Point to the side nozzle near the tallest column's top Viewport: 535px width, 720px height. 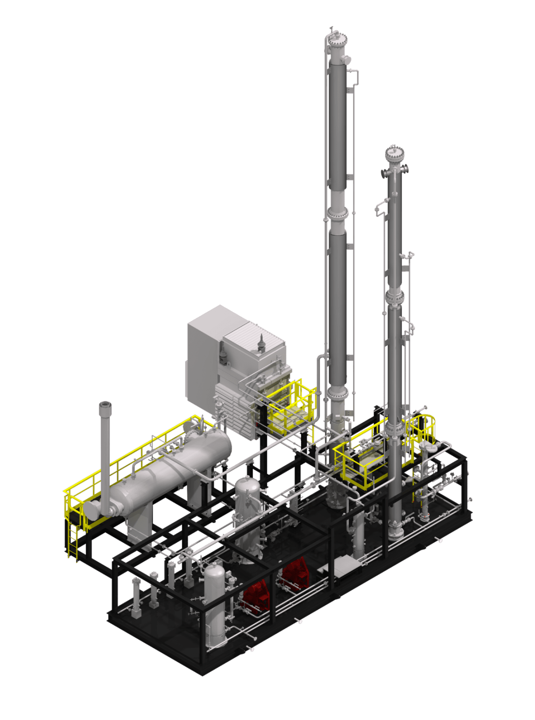point(346,59)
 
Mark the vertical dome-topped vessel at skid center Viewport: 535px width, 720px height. point(248,517)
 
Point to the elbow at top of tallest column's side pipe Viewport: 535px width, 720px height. point(354,72)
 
